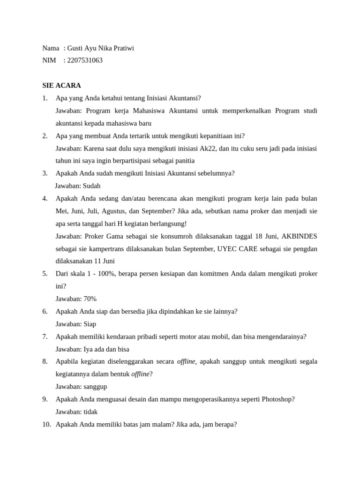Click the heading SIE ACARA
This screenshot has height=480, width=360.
click(x=61, y=85)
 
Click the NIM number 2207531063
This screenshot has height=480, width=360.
click(x=85, y=60)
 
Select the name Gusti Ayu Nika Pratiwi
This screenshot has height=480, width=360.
click(x=101, y=48)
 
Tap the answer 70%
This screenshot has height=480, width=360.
click(x=90, y=299)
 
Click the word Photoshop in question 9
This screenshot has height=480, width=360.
click(x=278, y=399)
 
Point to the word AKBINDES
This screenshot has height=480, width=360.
click(x=298, y=236)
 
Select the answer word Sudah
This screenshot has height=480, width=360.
click(x=91, y=186)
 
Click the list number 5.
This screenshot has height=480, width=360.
click(x=45, y=273)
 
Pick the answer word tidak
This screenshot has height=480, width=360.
click(x=91, y=412)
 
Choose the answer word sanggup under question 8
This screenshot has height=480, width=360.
click(x=95, y=387)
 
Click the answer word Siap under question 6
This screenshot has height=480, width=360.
click(x=90, y=324)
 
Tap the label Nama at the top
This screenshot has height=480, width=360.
click(x=51, y=48)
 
